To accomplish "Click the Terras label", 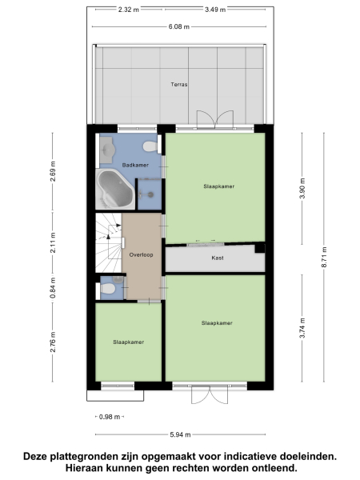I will (178, 84).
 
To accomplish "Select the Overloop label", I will (141, 254).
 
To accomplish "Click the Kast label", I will (217, 258).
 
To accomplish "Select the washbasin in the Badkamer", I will (106, 148).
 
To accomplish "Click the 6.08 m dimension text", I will (179, 26).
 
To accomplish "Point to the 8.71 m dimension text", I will (322, 257).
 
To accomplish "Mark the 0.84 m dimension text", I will (53, 287).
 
